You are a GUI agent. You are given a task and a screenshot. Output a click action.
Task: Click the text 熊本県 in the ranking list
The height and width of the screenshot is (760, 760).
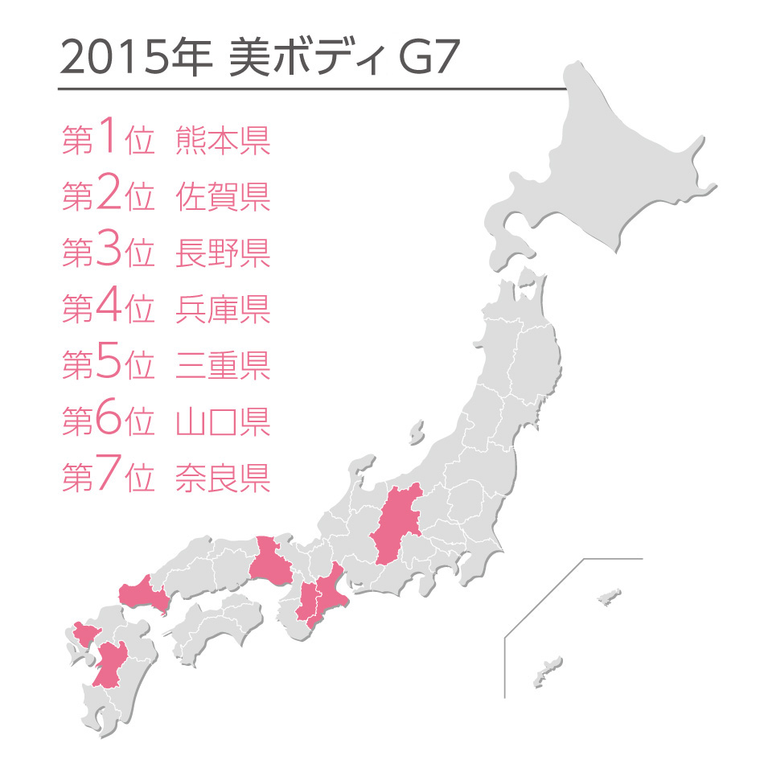(223, 141)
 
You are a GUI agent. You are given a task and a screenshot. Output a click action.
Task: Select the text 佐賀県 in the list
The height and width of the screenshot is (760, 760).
(223, 197)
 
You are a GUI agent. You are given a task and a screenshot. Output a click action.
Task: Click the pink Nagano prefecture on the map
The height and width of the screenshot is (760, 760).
(396, 527)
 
